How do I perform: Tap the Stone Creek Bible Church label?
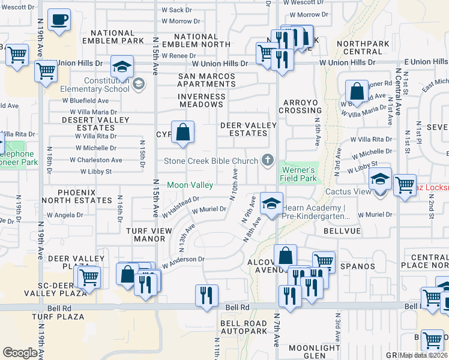point(212,161)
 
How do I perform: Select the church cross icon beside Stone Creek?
point(268,160)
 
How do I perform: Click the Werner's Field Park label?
point(298,174)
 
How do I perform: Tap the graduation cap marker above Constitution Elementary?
point(122,68)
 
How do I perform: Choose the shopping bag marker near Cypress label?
point(182,132)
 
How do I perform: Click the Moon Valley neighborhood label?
point(190,185)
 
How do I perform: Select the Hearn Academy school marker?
point(271,204)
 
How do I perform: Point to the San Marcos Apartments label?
point(202,80)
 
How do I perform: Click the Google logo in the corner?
point(20,353)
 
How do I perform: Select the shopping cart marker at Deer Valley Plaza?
point(88,278)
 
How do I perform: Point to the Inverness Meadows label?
point(202,100)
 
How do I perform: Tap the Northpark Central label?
point(364,47)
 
